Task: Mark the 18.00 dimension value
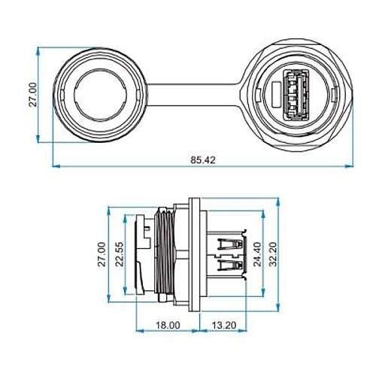pyautogui.click(x=167, y=325)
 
